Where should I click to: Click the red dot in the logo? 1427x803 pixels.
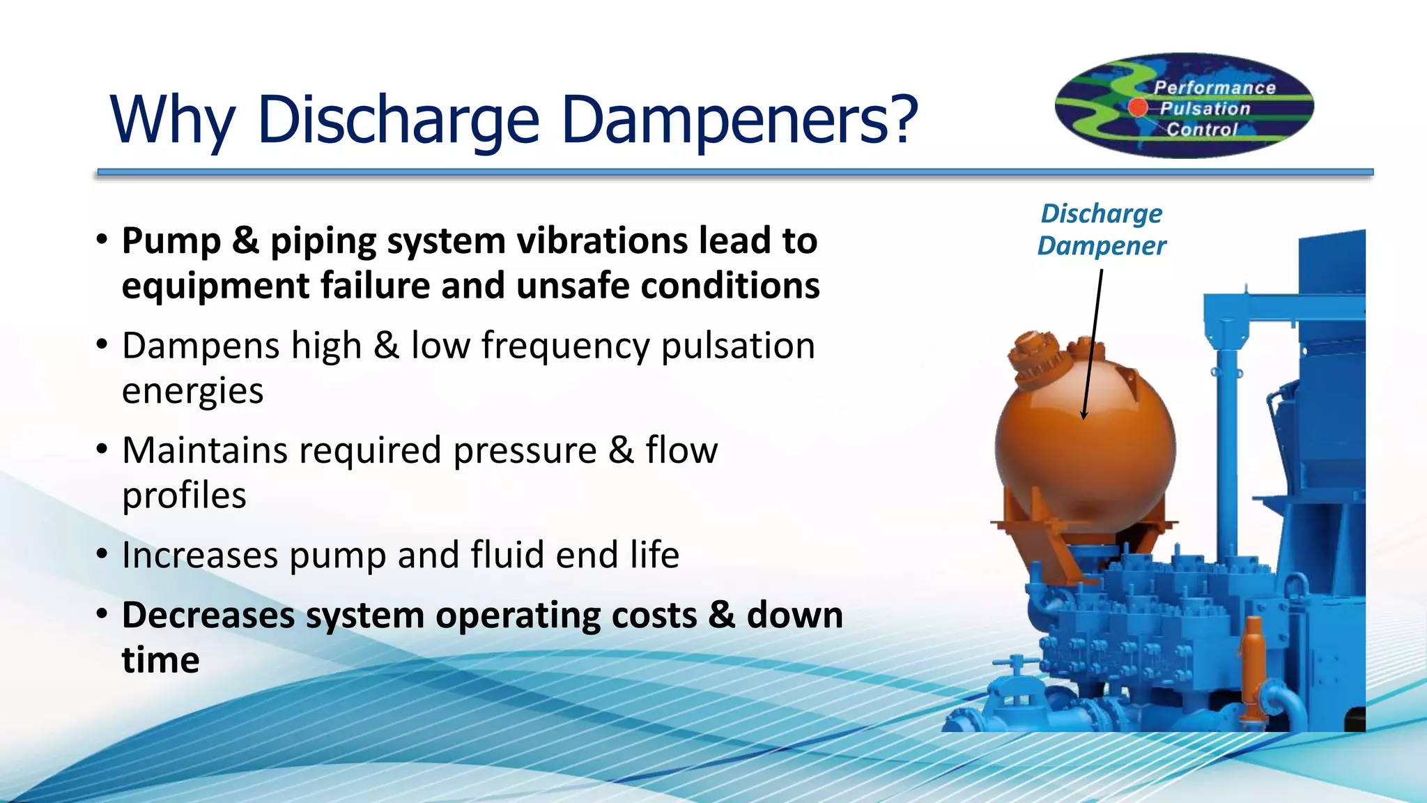pyautogui.click(x=1137, y=107)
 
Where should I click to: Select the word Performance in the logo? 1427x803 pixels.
pyautogui.click(x=1214, y=88)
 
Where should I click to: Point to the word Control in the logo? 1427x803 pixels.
pyautogui.click(x=1202, y=130)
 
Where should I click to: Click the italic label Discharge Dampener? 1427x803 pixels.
pyautogui.click(x=1101, y=229)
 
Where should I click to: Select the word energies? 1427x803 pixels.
pyautogui.click(x=192, y=392)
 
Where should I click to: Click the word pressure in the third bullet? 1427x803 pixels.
pyautogui.click(x=525, y=450)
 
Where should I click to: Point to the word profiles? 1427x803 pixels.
pyautogui.click(x=184, y=496)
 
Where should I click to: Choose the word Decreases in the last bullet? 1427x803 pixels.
pyautogui.click(x=208, y=615)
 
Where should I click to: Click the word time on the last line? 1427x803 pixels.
pyautogui.click(x=160, y=660)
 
